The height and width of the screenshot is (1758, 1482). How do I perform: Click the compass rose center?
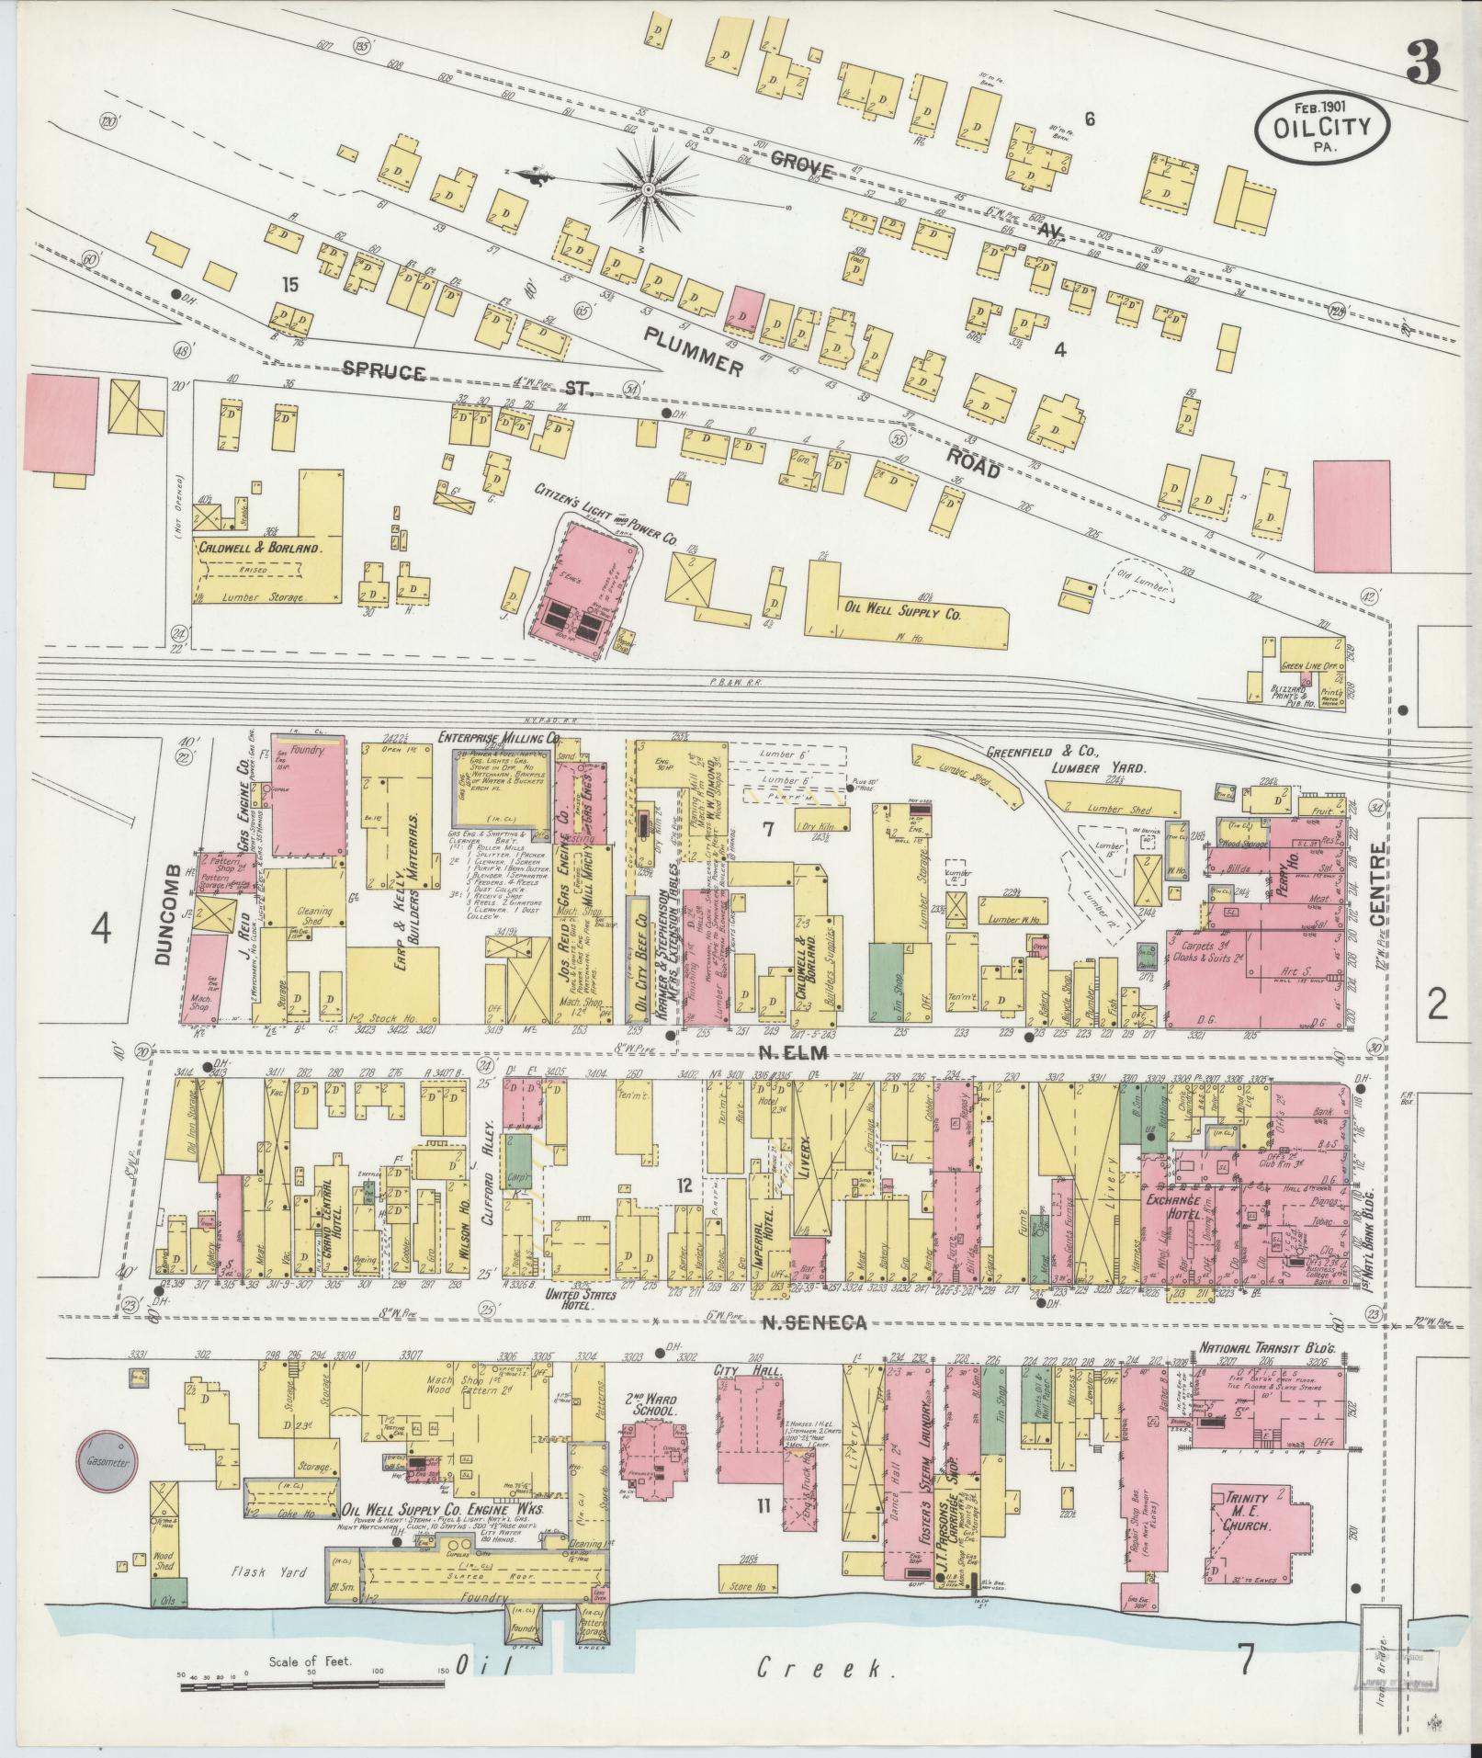(648, 189)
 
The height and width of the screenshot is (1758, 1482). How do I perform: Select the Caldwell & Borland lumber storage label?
(259, 547)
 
